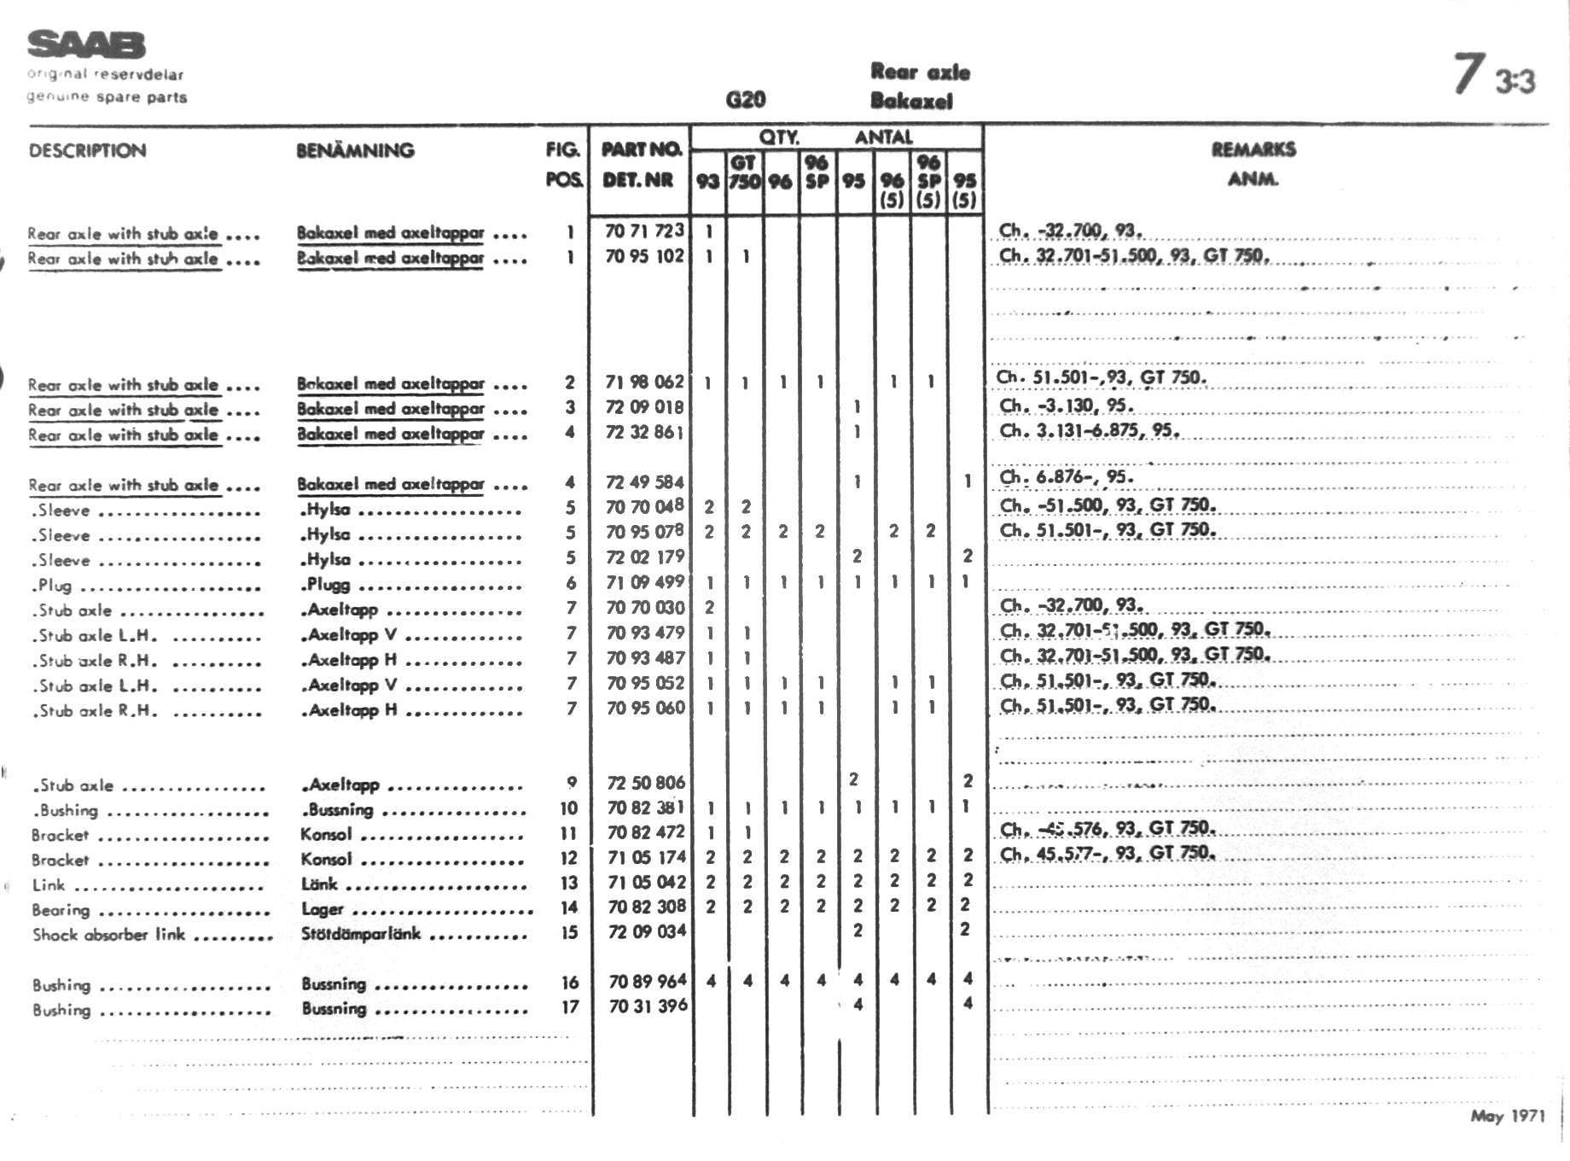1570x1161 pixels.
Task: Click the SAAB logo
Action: pyautogui.click(x=86, y=45)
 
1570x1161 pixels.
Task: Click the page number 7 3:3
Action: pyautogui.click(x=1493, y=77)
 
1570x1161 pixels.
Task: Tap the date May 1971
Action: pyautogui.click(x=1507, y=1117)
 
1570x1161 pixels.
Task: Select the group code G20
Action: pyautogui.click(x=745, y=100)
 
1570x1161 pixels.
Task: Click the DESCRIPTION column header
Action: pyautogui.click(x=87, y=151)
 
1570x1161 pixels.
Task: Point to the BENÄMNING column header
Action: pyautogui.click(x=355, y=151)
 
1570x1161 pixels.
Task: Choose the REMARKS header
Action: pyautogui.click(x=1253, y=150)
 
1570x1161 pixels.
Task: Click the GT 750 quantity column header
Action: pyautogui.click(x=743, y=172)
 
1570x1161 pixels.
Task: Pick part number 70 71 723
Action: pyautogui.click(x=644, y=230)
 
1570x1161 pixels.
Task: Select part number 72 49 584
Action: pyautogui.click(x=644, y=482)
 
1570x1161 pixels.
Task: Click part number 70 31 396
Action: pyautogui.click(x=647, y=1006)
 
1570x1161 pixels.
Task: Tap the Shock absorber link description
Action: pyautogui.click(x=108, y=934)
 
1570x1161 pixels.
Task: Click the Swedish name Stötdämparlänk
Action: pyautogui.click(x=360, y=933)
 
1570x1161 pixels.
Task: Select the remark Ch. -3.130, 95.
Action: pyautogui.click(x=1067, y=405)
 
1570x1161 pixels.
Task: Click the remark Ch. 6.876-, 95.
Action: pyautogui.click(x=1067, y=477)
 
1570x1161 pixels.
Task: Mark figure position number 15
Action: pyautogui.click(x=569, y=932)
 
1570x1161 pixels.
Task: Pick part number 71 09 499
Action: pyautogui.click(x=644, y=582)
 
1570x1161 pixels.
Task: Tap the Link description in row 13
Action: pyautogui.click(x=49, y=884)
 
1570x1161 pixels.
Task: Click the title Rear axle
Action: pyautogui.click(x=920, y=72)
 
